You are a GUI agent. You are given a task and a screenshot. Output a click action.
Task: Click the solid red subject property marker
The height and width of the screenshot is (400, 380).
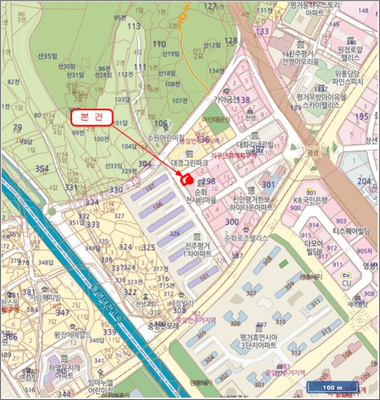tap(186, 179)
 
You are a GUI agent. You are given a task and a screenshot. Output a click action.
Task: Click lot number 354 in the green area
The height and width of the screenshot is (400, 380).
tap(42, 169)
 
